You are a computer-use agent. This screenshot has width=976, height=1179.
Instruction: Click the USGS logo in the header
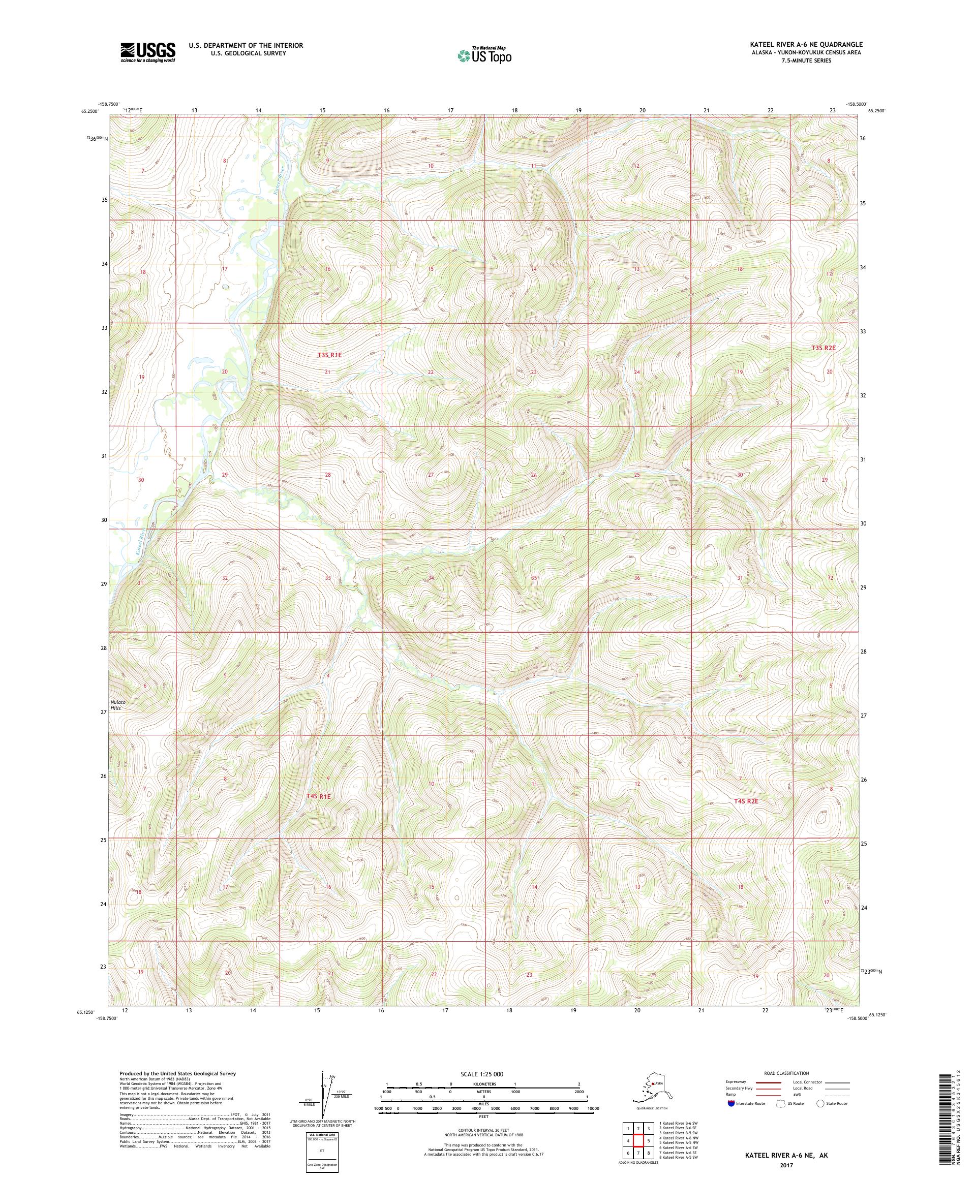(147, 52)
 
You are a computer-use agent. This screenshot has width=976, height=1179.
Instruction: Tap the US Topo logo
(483, 55)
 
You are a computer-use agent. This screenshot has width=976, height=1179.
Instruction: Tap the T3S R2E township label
(823, 348)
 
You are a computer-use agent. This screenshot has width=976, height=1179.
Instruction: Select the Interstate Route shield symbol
(730, 1103)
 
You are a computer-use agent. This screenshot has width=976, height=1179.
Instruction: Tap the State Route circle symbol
(820, 1103)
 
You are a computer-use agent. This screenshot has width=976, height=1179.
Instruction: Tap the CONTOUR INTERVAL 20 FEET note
(483, 1131)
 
